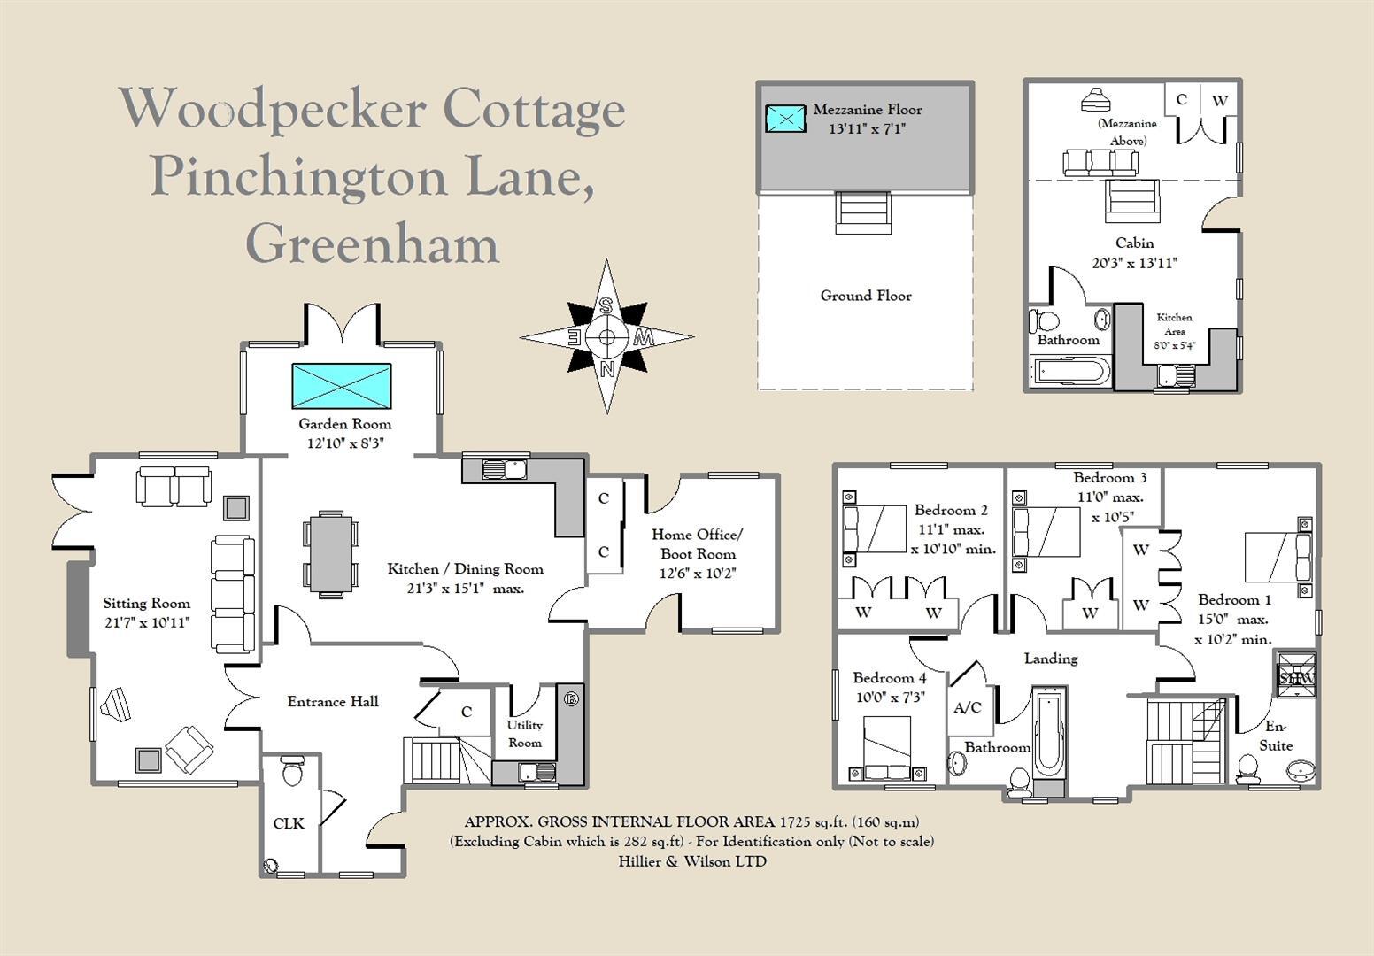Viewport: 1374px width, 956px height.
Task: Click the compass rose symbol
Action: (x=606, y=336)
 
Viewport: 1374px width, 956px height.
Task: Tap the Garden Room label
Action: (x=344, y=424)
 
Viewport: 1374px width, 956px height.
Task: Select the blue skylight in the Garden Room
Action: (x=341, y=386)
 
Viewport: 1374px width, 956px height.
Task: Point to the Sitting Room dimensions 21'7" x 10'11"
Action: (x=146, y=622)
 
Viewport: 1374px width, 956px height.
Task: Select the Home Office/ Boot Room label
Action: (x=698, y=544)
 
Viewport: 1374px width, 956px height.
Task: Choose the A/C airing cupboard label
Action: (x=968, y=707)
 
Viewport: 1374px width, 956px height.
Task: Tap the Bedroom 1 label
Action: (x=1234, y=599)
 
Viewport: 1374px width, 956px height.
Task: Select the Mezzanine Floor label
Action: (x=867, y=110)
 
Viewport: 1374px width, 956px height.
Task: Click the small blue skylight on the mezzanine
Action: (x=785, y=118)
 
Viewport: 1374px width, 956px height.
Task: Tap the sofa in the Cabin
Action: (x=1100, y=162)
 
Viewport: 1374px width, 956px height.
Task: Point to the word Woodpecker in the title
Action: (x=273, y=109)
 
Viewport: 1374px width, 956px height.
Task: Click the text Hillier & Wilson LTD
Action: (x=691, y=861)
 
